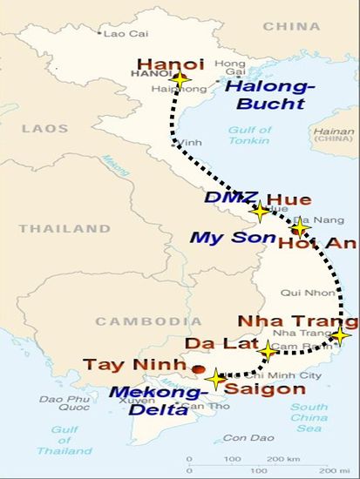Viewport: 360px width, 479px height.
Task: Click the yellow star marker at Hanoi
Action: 180,79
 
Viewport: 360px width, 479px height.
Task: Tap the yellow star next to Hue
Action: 260,210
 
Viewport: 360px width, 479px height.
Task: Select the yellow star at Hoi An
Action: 300,228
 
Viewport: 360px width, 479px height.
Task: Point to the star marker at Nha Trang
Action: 340,335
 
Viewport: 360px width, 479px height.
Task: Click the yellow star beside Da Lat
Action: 268,351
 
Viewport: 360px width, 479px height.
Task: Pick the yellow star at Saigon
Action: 216,379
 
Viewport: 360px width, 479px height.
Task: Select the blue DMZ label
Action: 224,198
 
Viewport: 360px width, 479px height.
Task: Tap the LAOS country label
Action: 44,128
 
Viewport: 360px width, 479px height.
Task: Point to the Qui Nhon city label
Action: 302,293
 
